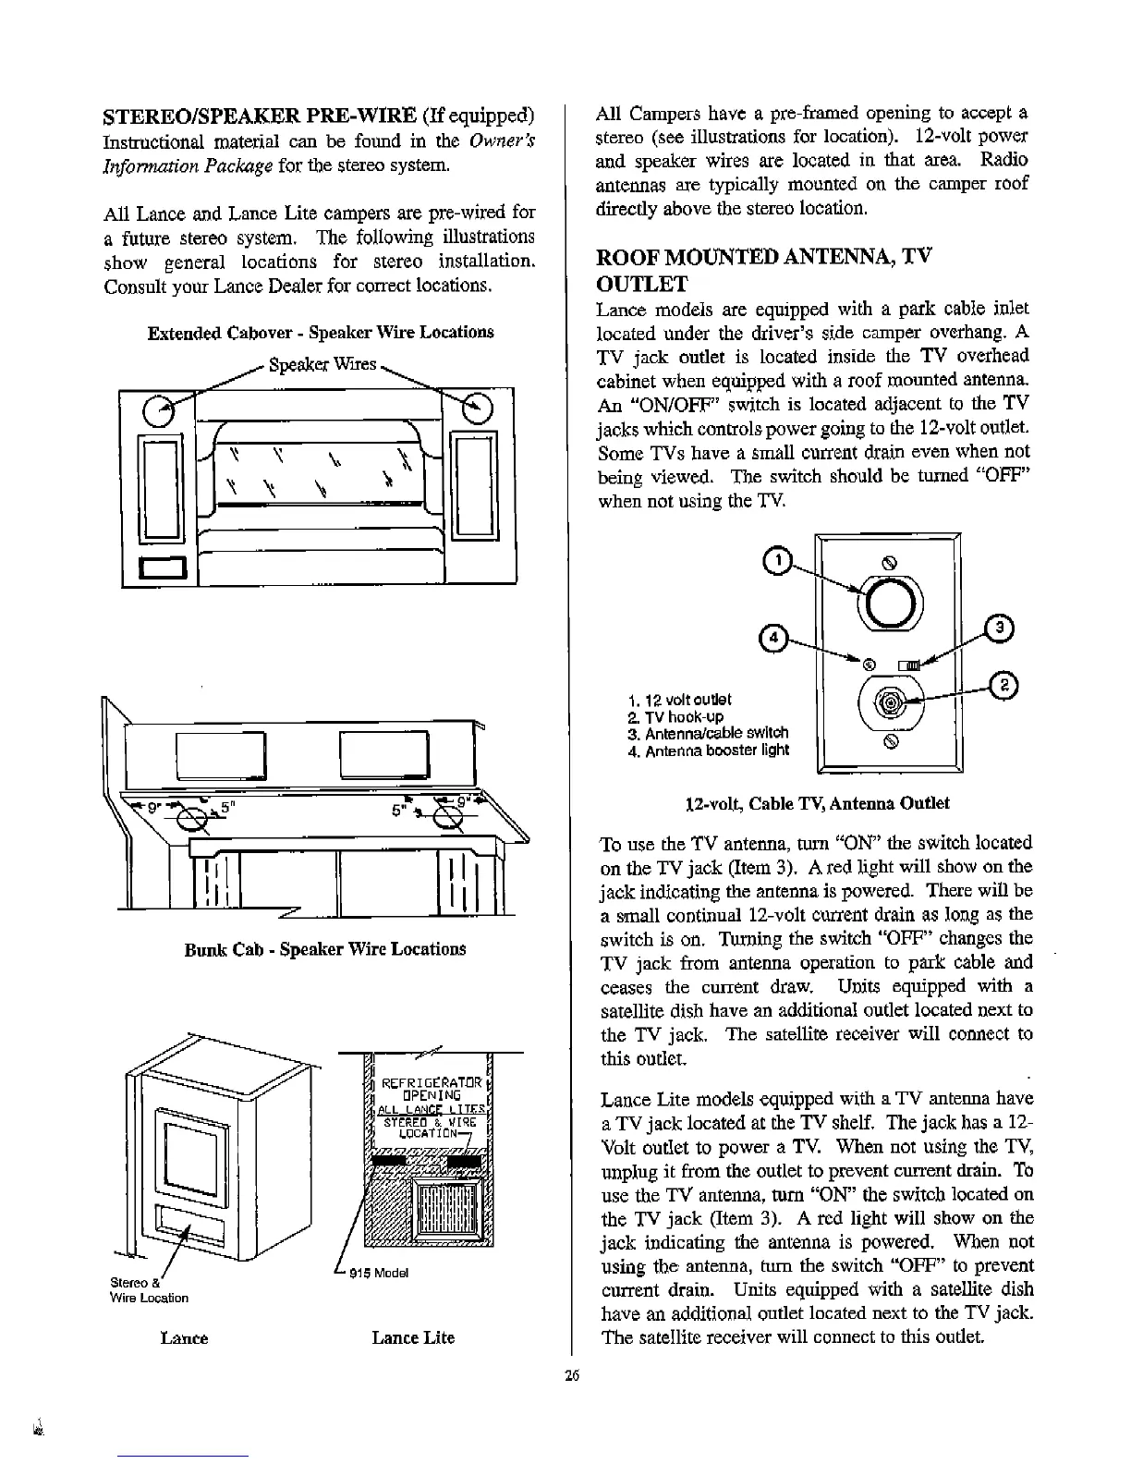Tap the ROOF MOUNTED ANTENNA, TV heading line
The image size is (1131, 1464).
click(763, 257)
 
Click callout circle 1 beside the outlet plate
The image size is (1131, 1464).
click(781, 560)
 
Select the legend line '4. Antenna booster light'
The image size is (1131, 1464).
click(707, 750)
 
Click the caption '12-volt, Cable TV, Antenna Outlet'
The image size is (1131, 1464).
click(816, 803)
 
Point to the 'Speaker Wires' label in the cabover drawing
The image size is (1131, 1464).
click(322, 363)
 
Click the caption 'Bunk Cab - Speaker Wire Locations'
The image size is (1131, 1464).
click(324, 949)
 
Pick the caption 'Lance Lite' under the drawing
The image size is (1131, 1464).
click(413, 1337)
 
